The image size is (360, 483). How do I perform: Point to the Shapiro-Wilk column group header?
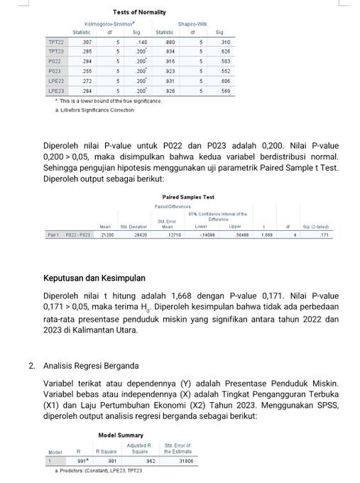192,23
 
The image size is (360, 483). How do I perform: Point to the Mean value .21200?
107,233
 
